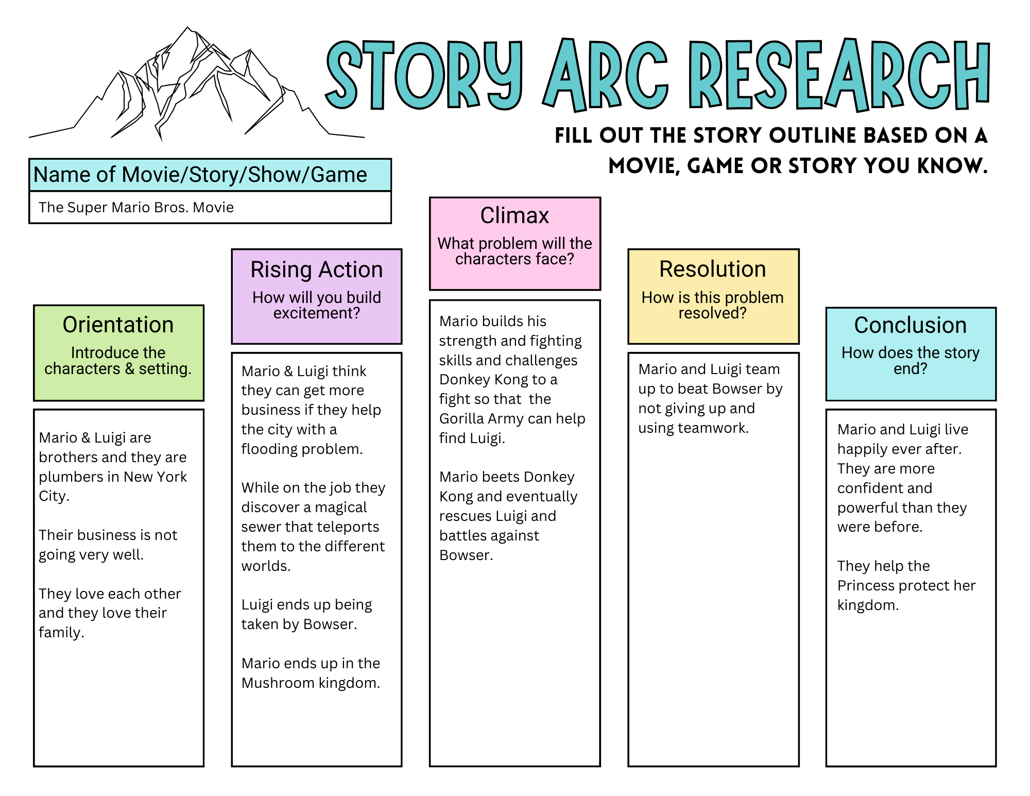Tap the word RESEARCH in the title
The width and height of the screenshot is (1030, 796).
pyautogui.click(x=840, y=75)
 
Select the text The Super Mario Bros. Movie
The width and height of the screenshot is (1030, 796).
pyautogui.click(x=136, y=207)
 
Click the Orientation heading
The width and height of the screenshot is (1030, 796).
pyautogui.click(x=118, y=325)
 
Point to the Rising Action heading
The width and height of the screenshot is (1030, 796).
pyautogui.click(x=316, y=269)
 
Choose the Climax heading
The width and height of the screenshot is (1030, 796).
pyautogui.click(x=514, y=215)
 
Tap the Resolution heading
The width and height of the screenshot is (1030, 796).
pyautogui.click(x=713, y=269)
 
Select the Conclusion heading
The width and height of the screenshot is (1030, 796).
pyautogui.click(x=910, y=325)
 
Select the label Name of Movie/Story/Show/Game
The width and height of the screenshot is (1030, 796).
pyautogui.click(x=200, y=175)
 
